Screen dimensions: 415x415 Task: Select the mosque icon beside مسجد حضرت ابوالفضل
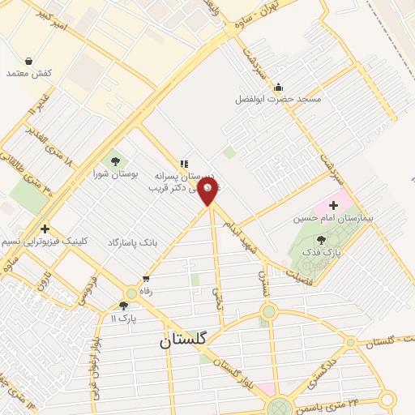pos(279,87)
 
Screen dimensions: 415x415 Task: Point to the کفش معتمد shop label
pos(29,73)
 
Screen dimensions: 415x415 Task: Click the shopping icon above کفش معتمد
pos(29,61)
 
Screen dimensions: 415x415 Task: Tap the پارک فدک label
pos(323,252)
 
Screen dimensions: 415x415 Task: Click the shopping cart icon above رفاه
pos(145,279)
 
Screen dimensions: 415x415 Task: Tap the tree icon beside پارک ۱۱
pos(123,306)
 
